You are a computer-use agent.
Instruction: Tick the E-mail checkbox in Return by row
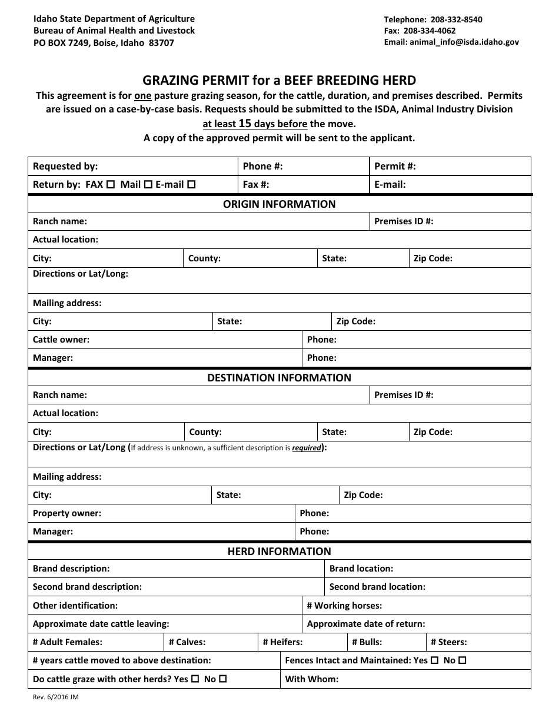tap(191, 184)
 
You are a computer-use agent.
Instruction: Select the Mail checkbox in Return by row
tap(148, 184)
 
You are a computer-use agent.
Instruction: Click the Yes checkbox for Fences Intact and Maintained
tap(435, 660)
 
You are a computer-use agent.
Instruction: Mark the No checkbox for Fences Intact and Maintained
tap(462, 660)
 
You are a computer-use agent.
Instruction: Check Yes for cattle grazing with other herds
tap(195, 679)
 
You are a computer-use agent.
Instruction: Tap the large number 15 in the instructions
tap(245, 124)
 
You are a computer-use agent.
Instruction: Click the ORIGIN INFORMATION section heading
tap(279, 204)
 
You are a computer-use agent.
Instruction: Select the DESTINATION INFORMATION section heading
tap(279, 378)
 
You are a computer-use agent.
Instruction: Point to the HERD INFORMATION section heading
tap(279, 552)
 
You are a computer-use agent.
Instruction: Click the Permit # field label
tap(395, 166)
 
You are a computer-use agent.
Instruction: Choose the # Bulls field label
tap(367, 642)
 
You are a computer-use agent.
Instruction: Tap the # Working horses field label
tap(344, 605)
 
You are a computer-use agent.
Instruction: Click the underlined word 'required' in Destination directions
tap(307, 448)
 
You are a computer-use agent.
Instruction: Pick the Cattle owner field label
tap(61, 340)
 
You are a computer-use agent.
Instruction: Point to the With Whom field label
tap(311, 679)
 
